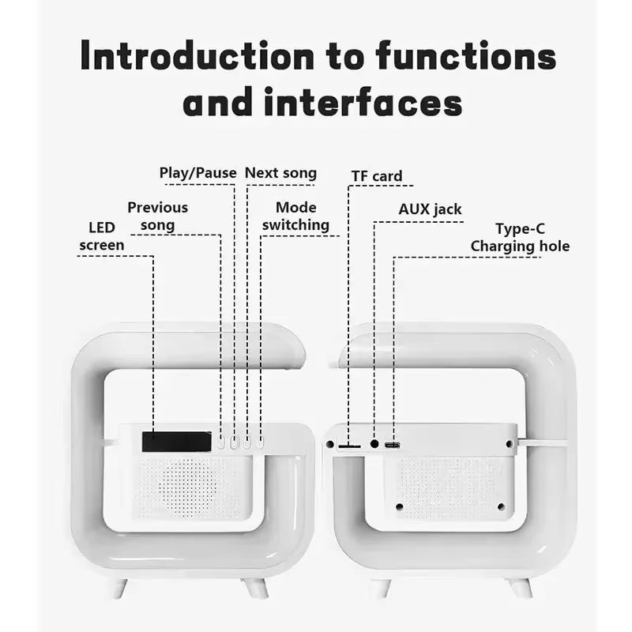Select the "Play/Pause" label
pos(197,173)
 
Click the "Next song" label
pos(280,173)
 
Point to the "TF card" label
pos(376,176)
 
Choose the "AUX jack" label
pos(430,209)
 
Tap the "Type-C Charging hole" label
pos(519,238)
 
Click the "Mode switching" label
pos(295,216)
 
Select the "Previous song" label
pos(158,216)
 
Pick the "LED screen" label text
pos(102,237)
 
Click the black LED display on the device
pos(176,442)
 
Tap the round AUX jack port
pos(374,445)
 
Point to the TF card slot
pos(349,446)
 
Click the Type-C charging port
pos(393,446)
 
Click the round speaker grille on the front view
pos(190,487)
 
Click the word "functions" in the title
pos(465,57)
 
